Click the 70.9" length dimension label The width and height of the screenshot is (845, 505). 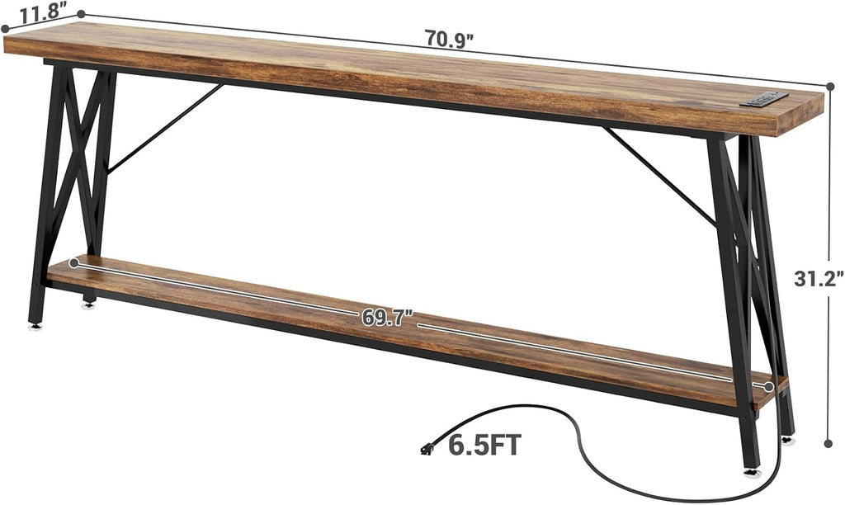pos(449,40)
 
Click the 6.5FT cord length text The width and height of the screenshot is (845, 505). pos(484,446)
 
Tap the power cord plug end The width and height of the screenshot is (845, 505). pos(427,449)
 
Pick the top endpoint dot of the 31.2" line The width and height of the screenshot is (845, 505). pos(830,87)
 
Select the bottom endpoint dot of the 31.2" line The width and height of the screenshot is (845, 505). pos(828,443)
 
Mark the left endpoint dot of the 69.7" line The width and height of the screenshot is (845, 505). pos(74,263)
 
